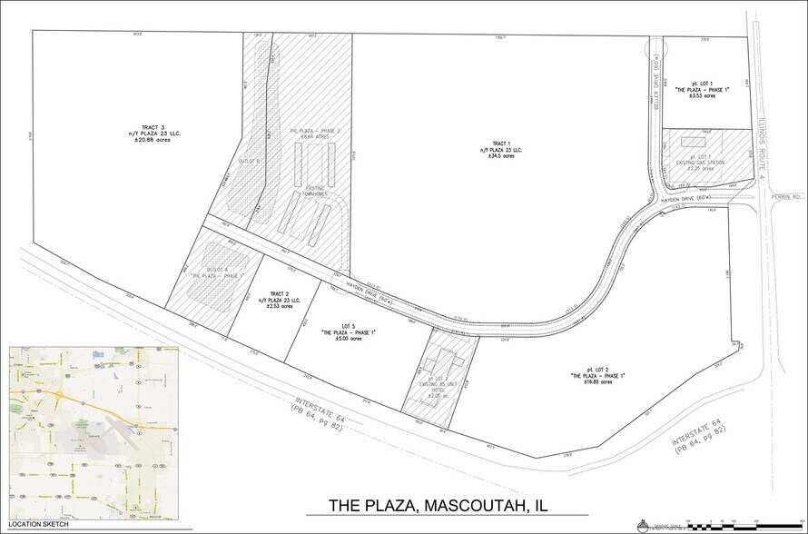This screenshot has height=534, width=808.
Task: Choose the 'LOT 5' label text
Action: pos(349,327)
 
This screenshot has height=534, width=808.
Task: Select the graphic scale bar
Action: pos(726,524)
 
